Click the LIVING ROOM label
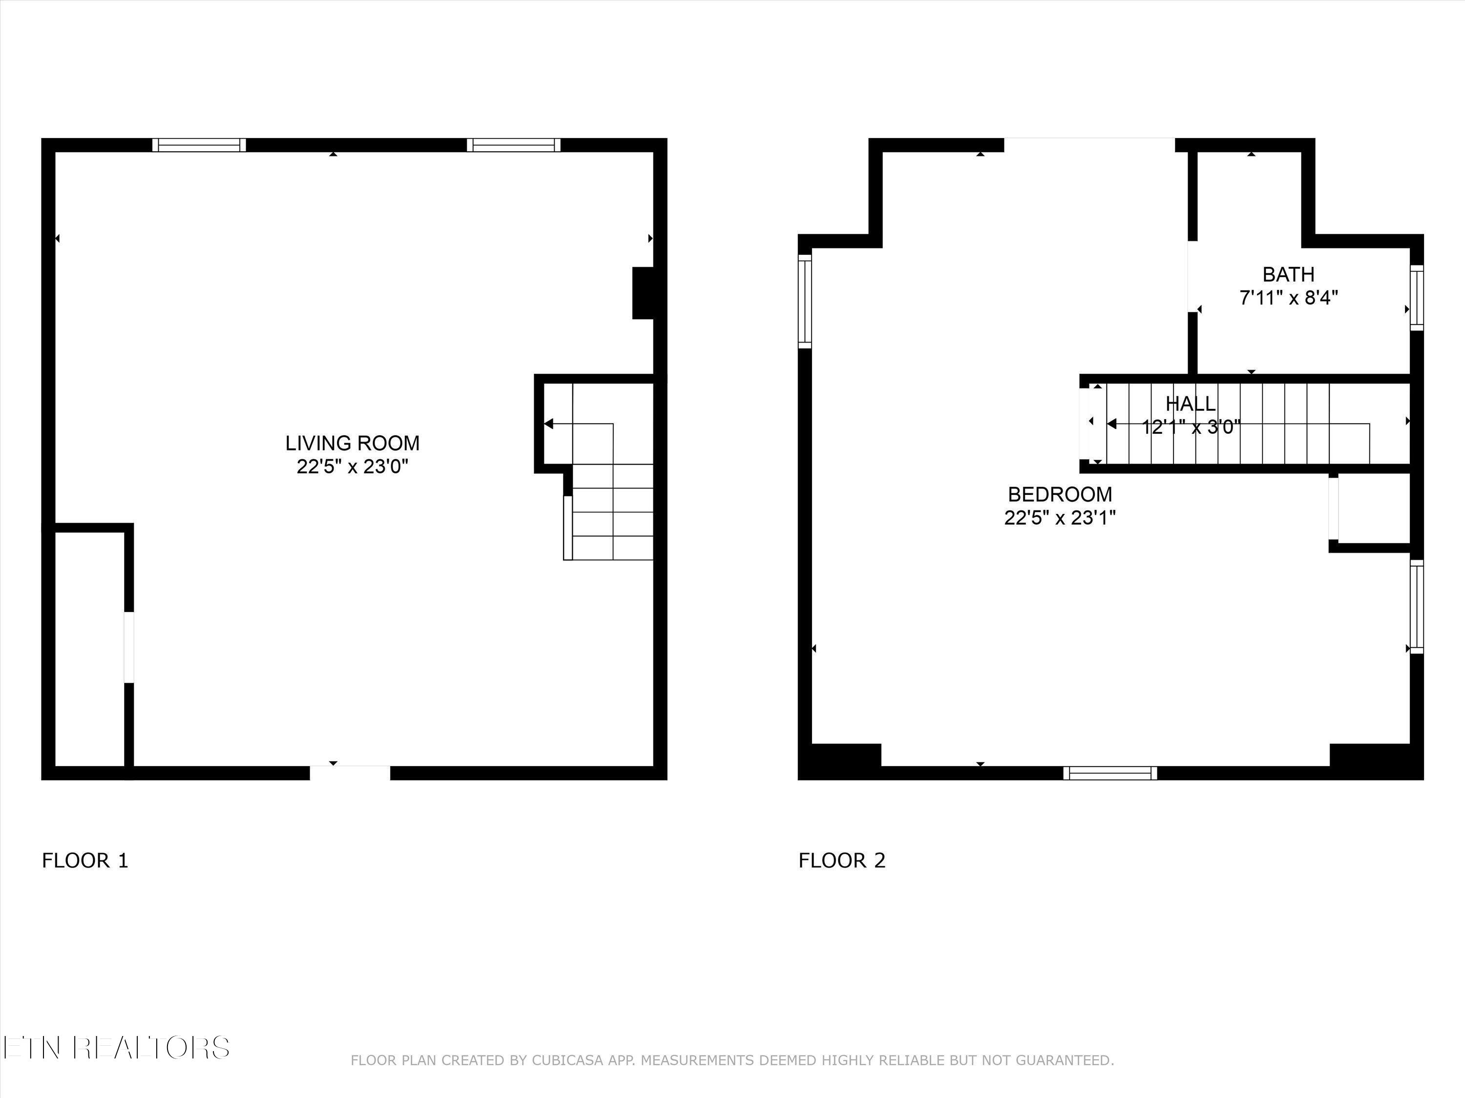[353, 443]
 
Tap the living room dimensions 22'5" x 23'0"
[353, 467]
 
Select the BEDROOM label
[1060, 494]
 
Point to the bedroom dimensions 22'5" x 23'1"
[1060, 518]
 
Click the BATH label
[1288, 274]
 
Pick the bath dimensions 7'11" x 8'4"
[1288, 298]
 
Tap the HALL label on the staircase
[1190, 403]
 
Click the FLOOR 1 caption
[85, 860]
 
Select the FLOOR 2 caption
[842, 860]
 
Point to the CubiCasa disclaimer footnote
[732, 1060]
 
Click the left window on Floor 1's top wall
[199, 145]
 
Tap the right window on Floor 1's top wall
[513, 145]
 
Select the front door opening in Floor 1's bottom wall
[350, 773]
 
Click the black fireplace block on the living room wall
[644, 292]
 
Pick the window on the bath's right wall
[1417, 297]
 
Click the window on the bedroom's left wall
[805, 301]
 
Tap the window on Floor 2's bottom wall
[1110, 773]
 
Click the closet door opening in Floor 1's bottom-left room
[128, 647]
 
